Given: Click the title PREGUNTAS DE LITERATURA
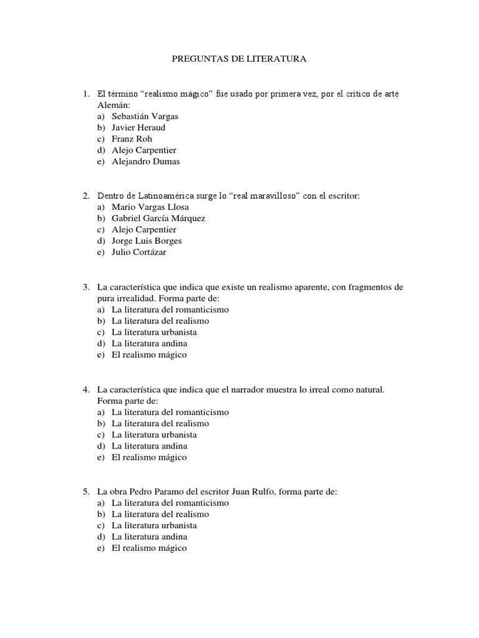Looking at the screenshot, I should click(x=239, y=59).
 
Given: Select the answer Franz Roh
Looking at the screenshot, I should click(x=132, y=139).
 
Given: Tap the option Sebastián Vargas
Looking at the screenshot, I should click(x=145, y=117).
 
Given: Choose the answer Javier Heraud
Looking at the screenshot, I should click(x=138, y=128).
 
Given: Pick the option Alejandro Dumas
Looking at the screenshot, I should click(x=145, y=161).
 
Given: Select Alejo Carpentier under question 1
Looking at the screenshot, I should click(x=143, y=150).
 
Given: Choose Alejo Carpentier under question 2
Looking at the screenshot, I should click(x=143, y=230).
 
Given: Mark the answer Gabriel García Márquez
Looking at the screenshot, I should click(x=158, y=219).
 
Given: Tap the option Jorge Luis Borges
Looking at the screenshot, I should click(x=147, y=241).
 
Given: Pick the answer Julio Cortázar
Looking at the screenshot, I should click(x=139, y=252).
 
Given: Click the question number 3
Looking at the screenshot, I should click(x=86, y=287).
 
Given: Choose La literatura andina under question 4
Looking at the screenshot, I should click(x=149, y=446).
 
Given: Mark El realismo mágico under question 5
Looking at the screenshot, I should click(x=149, y=548).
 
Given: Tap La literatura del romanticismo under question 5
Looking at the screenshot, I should click(x=170, y=503).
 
